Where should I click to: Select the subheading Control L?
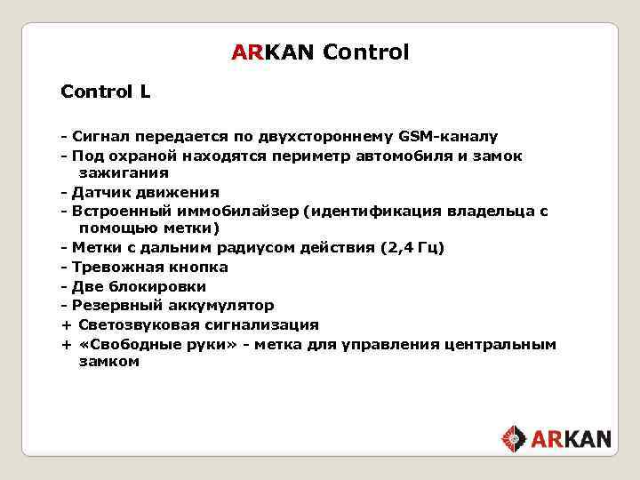[x=105, y=92]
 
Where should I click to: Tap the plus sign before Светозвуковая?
[x=66, y=324]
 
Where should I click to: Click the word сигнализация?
[x=259, y=324]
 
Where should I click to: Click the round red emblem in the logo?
[x=515, y=438]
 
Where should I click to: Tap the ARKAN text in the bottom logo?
[x=572, y=438]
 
